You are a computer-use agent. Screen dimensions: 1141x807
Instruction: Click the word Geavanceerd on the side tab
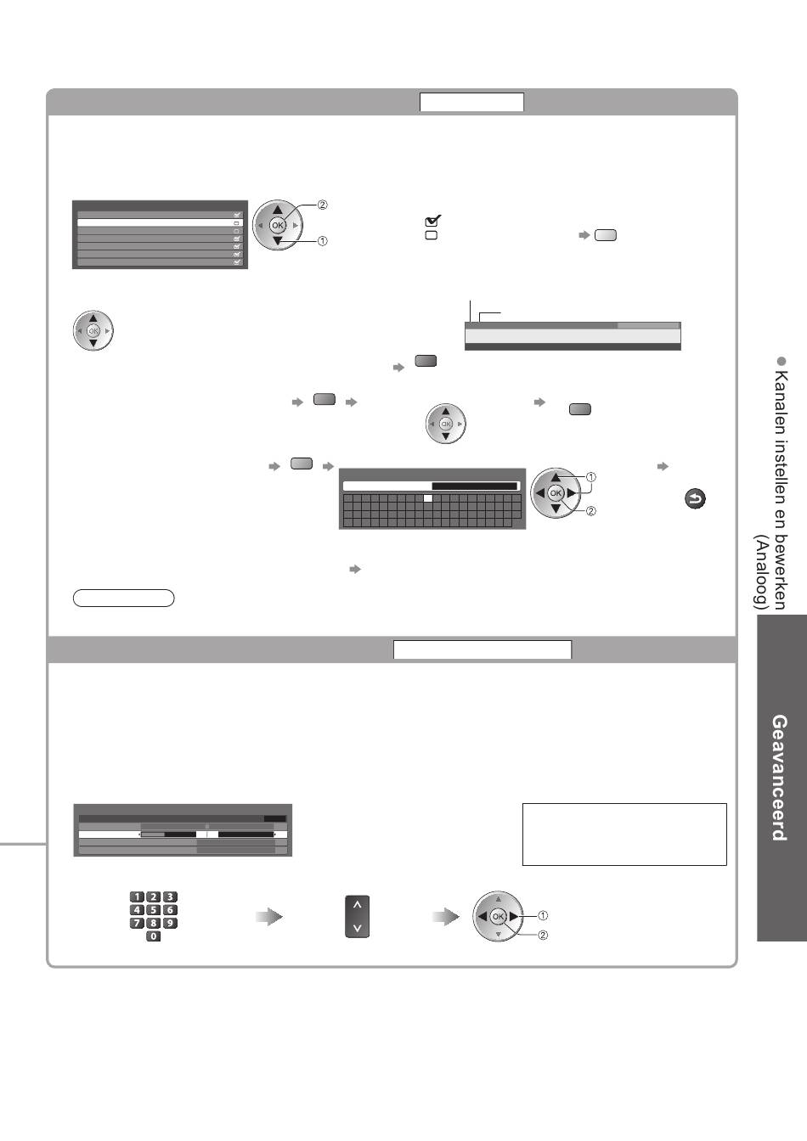779,777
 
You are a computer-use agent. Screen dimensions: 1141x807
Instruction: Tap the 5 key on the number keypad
154,910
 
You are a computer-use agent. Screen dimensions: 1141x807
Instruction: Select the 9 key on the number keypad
170,923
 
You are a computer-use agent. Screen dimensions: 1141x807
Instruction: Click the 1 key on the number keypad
137,896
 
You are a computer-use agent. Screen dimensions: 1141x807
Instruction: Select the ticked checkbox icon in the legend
432,221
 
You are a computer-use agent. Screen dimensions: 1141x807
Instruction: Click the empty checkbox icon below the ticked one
431,235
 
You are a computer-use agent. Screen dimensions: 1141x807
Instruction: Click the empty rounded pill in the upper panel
124,598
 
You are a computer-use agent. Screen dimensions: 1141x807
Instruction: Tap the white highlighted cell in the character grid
428,499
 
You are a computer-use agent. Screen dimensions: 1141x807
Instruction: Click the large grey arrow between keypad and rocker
268,917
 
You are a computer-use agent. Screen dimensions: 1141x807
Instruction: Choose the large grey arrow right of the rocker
445,917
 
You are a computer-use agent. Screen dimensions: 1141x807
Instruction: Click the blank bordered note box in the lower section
624,834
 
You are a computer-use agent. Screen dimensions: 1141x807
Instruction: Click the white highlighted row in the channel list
160,223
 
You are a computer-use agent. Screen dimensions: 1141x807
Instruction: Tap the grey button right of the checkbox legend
606,235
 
